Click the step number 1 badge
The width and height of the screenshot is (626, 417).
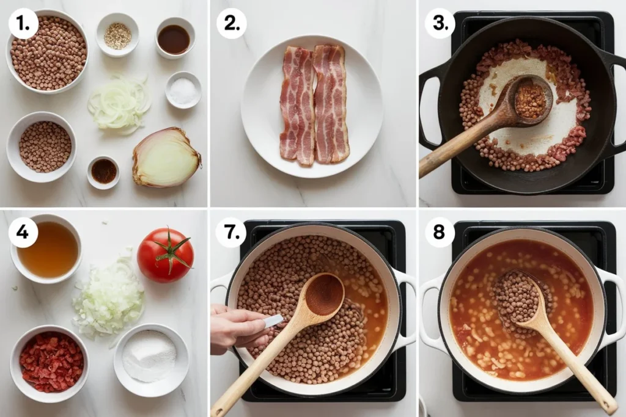(x=24, y=24)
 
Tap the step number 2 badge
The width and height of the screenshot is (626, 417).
(x=232, y=24)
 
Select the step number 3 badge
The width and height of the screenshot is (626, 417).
(x=440, y=24)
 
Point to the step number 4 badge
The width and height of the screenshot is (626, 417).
(x=23, y=232)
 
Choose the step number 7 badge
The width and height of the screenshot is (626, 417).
(x=232, y=232)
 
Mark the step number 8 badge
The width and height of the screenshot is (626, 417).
(x=440, y=232)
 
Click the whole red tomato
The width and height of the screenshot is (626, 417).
(x=165, y=255)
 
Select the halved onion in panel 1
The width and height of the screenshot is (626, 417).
(x=166, y=157)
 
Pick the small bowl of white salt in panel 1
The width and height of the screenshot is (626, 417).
(x=183, y=90)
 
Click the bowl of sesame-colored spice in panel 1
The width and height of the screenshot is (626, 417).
(x=118, y=35)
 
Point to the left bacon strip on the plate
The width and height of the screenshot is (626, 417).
(x=297, y=106)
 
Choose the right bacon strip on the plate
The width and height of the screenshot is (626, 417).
(x=330, y=104)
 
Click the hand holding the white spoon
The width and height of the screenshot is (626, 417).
(x=240, y=328)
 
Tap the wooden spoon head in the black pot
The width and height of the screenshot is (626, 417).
(x=530, y=97)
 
